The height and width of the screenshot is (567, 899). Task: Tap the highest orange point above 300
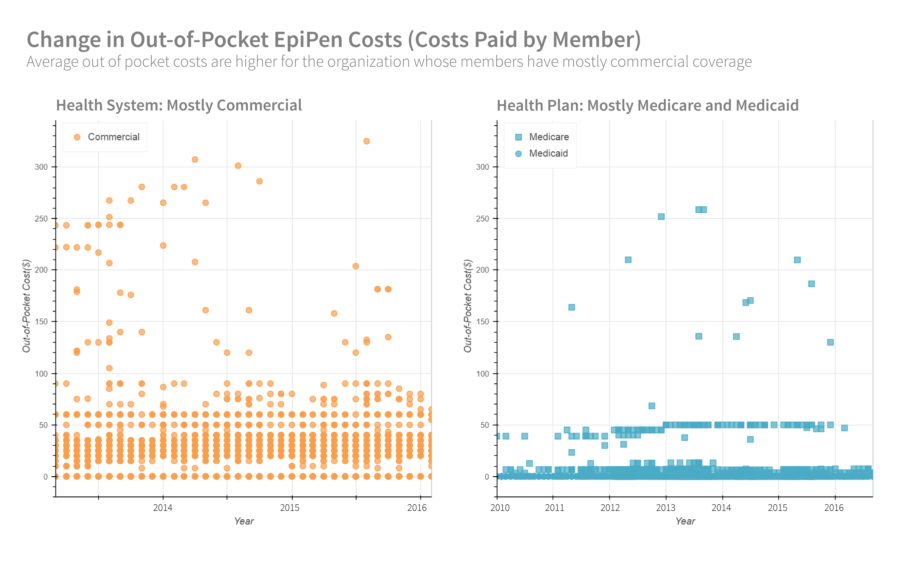pyautogui.click(x=367, y=141)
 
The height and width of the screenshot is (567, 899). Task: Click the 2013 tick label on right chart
pyautogui.click(x=666, y=508)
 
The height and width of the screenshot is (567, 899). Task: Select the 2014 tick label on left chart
pyautogui.click(x=163, y=508)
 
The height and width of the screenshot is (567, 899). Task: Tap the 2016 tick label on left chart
pyautogui.click(x=417, y=508)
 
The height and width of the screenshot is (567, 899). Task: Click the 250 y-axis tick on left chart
pyautogui.click(x=41, y=219)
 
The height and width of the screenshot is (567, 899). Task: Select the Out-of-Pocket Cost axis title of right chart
pyautogui.click(x=468, y=306)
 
